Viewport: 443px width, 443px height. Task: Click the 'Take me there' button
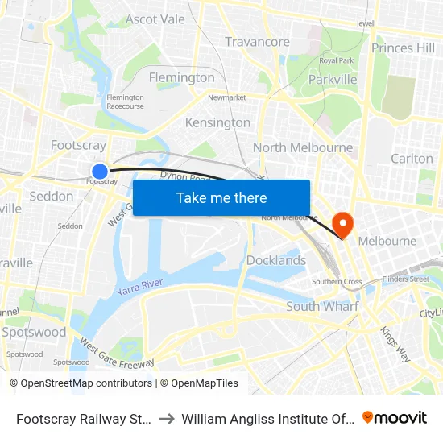[221, 198]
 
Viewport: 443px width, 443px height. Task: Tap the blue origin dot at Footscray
[100, 171]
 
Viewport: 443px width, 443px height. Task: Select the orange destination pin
[342, 223]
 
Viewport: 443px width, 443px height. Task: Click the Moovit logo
[395, 418]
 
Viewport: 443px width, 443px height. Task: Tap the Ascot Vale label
[155, 19]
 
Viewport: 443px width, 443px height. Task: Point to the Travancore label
[257, 42]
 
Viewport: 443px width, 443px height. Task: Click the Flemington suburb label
[182, 77]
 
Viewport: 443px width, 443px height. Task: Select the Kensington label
[217, 122]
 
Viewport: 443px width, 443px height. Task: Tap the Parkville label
[333, 80]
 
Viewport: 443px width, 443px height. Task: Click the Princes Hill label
[403, 48]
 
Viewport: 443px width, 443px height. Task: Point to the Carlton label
[412, 159]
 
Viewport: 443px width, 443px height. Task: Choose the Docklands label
[275, 260]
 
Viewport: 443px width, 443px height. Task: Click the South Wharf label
[322, 306]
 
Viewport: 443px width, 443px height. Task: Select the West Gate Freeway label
[116, 354]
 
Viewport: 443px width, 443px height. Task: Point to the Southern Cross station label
[337, 282]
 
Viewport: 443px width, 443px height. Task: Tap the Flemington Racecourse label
[125, 101]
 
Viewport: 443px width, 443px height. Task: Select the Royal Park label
[335, 60]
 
